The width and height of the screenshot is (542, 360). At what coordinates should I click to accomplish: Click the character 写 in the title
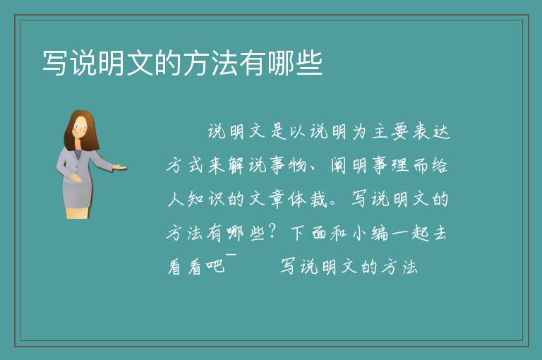pyautogui.click(x=54, y=63)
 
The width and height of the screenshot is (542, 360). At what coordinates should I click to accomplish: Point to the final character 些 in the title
pyautogui.click(x=309, y=63)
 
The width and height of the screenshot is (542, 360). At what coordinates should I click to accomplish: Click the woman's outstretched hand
pyautogui.click(x=120, y=167)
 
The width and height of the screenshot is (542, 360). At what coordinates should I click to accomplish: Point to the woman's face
pyautogui.click(x=80, y=127)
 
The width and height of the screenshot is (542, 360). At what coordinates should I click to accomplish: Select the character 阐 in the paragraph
pyautogui.click(x=339, y=165)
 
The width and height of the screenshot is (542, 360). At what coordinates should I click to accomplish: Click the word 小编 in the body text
pyautogui.click(x=371, y=234)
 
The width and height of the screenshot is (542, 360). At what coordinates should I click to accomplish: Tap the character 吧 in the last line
pyautogui.click(x=215, y=266)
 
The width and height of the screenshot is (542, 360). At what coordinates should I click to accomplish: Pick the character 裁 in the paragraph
pyautogui.click(x=318, y=199)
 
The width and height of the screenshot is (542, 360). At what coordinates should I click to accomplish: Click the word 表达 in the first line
pyautogui.click(x=431, y=132)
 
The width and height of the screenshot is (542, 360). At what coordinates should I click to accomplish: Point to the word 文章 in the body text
pyautogui.click(x=267, y=199)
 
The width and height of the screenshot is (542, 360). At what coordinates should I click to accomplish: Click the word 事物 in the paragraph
pyautogui.click(x=288, y=165)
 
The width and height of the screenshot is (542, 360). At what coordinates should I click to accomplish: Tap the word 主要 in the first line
pyautogui.click(x=391, y=132)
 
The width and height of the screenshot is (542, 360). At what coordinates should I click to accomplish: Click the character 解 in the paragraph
pyautogui.click(x=237, y=165)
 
